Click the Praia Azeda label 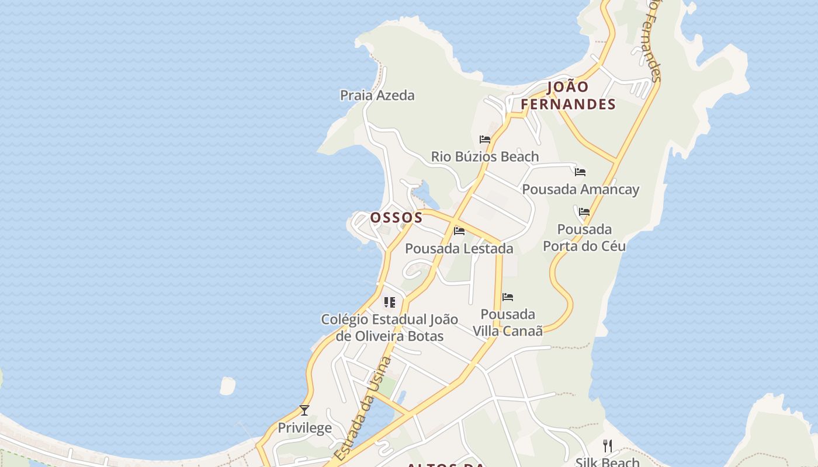click(377, 95)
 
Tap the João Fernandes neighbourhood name click(568, 96)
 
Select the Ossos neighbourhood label click(396, 218)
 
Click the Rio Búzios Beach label click(485, 156)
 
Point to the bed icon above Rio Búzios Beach click(485, 140)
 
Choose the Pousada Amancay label click(580, 189)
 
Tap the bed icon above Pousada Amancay click(580, 172)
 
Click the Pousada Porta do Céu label click(584, 238)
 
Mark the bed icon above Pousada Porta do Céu click(584, 212)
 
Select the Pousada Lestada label click(459, 248)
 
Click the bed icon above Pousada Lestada click(459, 231)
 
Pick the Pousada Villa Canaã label click(508, 322)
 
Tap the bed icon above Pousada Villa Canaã click(508, 297)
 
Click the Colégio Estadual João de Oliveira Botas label click(389, 327)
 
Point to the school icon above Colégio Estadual click(389, 302)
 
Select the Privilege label click(304, 428)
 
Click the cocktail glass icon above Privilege click(304, 410)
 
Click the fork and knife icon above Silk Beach click(608, 446)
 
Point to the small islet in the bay click(227, 386)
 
